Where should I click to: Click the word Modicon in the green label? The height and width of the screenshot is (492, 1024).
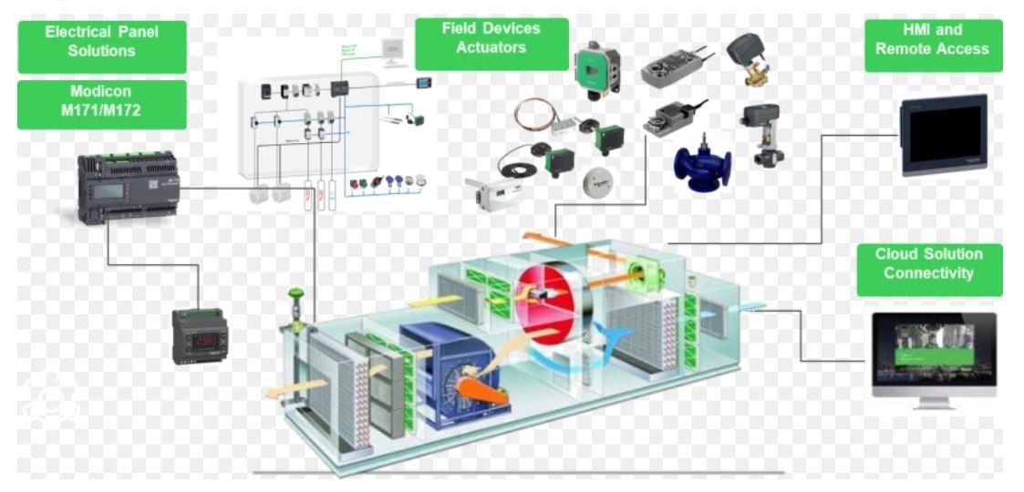[101, 94]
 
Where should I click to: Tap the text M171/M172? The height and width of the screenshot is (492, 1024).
[101, 113]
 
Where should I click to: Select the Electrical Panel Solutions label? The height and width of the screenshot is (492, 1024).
[101, 42]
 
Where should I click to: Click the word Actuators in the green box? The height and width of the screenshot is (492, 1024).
[491, 47]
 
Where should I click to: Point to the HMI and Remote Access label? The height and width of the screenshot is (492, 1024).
[931, 40]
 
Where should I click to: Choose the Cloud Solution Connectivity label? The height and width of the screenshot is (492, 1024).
[928, 263]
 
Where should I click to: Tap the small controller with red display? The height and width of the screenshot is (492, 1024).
[200, 334]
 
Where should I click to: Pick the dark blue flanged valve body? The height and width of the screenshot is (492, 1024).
[701, 165]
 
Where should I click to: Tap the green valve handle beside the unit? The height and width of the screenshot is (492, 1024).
[295, 296]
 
